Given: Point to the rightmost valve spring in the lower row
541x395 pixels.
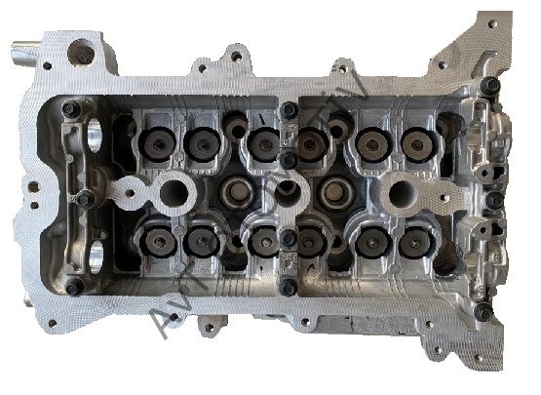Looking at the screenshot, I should click(416, 241).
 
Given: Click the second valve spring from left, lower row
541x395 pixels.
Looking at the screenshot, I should click(201, 241).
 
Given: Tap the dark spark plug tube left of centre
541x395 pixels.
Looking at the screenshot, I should click(235, 190).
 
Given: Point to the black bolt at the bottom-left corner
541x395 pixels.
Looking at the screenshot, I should click(73, 288).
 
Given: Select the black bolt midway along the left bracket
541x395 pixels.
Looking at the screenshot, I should click(85, 199).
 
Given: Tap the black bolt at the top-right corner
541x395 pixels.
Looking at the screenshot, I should click(492, 88).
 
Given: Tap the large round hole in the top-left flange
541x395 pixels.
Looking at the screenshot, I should click(83, 56).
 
